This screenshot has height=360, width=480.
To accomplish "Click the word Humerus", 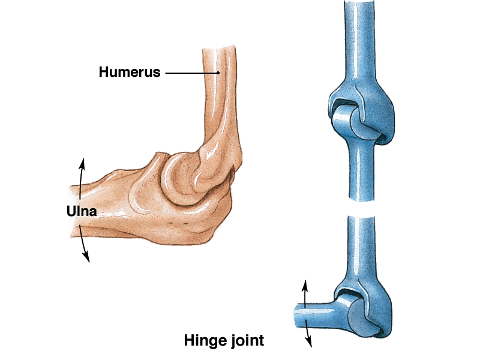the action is [130, 73].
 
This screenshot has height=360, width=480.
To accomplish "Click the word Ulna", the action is [82, 211].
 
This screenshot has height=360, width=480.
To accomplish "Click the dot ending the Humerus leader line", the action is [219, 73].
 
